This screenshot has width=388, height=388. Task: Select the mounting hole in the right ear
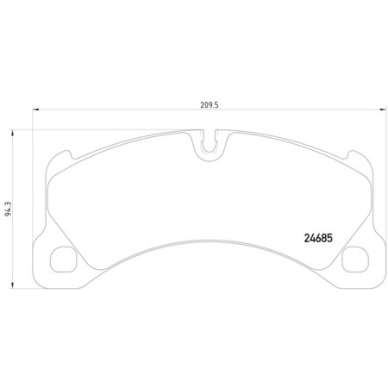(354, 258)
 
